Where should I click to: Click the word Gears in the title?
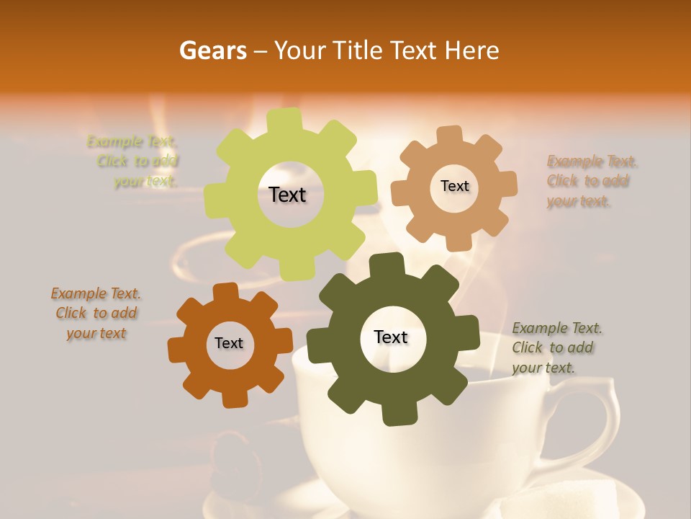point(212,50)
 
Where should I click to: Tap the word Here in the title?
point(472,50)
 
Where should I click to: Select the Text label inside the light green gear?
point(287,195)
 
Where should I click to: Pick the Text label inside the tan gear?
point(454,186)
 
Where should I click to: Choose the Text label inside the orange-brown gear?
point(229,343)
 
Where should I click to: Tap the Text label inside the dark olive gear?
point(391,337)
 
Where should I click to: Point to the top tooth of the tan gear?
point(449,135)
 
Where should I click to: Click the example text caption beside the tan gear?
point(592,181)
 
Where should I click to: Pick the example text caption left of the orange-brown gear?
point(96,313)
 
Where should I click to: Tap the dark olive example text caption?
point(557,347)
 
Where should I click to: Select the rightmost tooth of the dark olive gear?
point(470,333)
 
